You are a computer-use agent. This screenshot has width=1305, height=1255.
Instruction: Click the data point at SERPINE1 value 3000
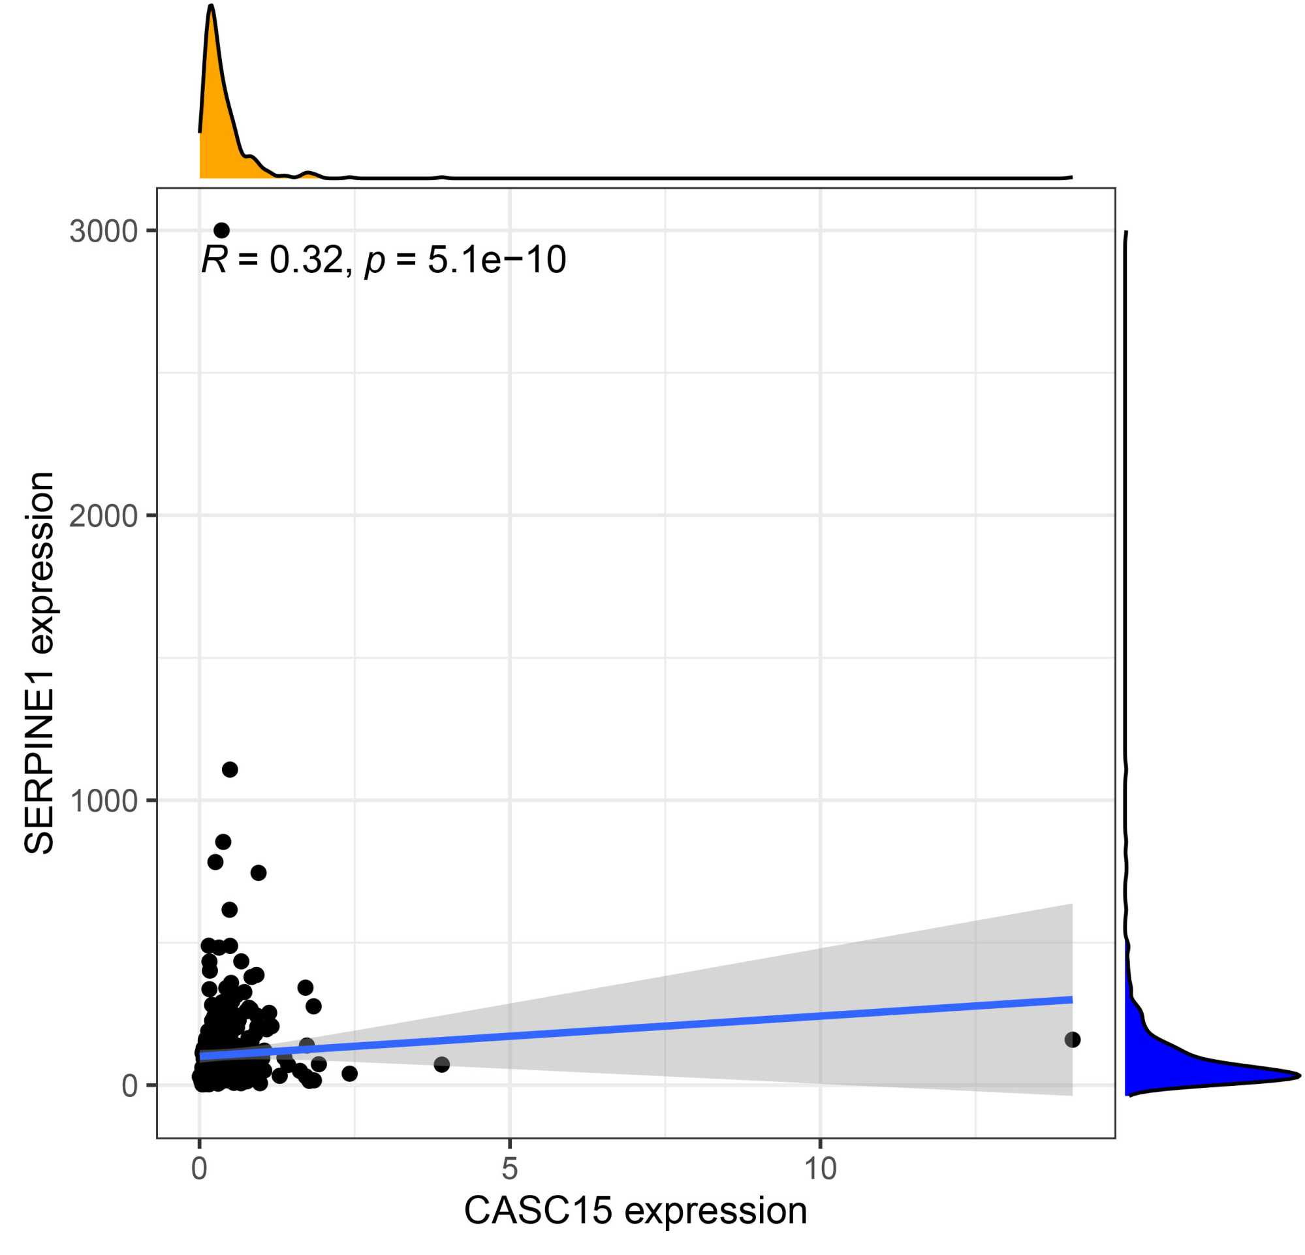[x=222, y=230]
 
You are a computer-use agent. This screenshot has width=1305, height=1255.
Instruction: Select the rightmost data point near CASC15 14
[x=1072, y=1040]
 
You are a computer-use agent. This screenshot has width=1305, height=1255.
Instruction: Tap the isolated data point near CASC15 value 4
[x=441, y=1064]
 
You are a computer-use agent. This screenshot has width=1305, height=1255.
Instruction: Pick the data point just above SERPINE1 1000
[x=230, y=770]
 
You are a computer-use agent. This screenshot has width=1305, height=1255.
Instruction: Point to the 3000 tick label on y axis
[x=103, y=232]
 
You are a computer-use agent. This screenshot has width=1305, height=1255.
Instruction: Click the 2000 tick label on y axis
[x=103, y=516]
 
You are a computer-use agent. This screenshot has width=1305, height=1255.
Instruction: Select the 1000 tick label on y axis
[x=103, y=801]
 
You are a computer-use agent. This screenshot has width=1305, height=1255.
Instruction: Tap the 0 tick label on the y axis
[x=129, y=1086]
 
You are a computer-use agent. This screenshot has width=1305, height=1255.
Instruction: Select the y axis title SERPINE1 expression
[x=39, y=663]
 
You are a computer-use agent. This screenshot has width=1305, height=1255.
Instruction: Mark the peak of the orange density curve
[x=211, y=6]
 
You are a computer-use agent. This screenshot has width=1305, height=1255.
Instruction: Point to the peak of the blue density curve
[x=1298, y=1075]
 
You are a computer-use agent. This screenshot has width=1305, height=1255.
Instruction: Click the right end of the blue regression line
[x=1071, y=999]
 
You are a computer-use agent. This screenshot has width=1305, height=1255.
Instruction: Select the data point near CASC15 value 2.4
[x=349, y=1073]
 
